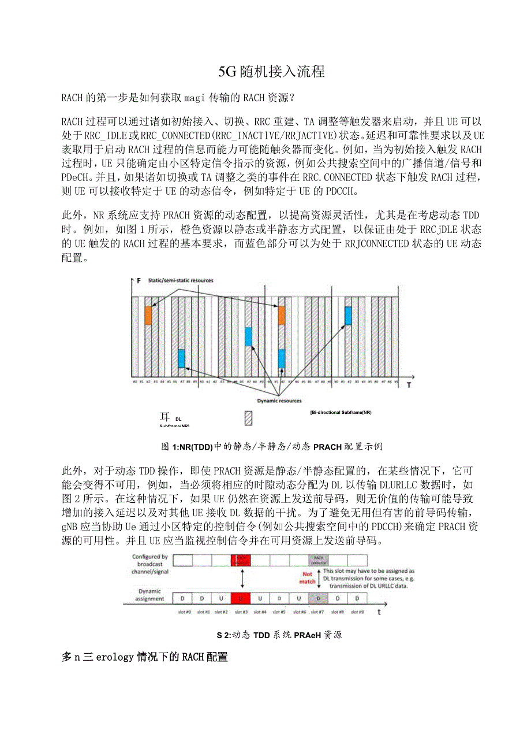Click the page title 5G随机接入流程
tap(272, 72)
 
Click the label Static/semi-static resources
tap(181, 280)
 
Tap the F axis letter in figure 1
tap(139, 280)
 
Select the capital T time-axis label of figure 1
tap(409, 384)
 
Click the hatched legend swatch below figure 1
tap(248, 417)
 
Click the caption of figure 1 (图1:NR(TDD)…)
tap(271, 446)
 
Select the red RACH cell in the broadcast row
tap(241, 560)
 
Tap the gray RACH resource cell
tap(318, 560)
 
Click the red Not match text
tap(308, 578)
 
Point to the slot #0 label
tap(183, 612)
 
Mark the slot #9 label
tap(357, 612)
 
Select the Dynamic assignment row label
tap(149, 595)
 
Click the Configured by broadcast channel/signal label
tap(149, 564)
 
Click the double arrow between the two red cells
tap(241, 579)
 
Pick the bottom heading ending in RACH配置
tap(144, 657)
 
